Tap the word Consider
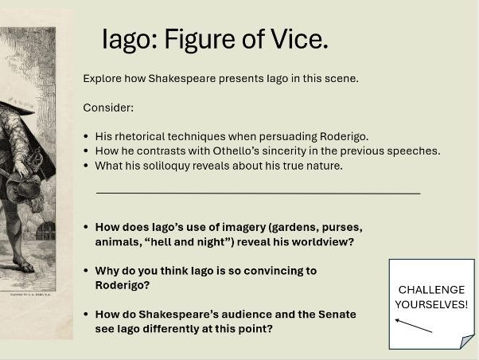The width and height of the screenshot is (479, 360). tap(107, 108)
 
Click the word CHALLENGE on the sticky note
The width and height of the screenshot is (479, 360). tap(431, 290)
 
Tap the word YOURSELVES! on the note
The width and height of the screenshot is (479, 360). tap(431, 304)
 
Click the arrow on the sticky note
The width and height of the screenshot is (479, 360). tap(414, 325)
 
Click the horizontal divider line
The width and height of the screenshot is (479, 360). tap(258, 193)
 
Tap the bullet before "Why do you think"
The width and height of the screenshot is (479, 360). tap(87, 271)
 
